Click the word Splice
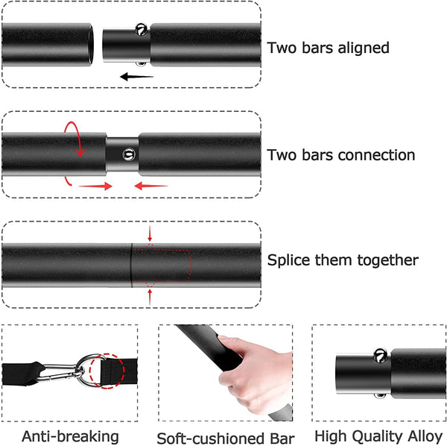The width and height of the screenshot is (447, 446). pyautogui.click(x=291, y=261)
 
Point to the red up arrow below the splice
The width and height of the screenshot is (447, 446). pyautogui.click(x=150, y=295)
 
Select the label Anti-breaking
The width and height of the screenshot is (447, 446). pyautogui.click(x=70, y=436)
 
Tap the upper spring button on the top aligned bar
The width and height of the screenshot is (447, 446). pyautogui.click(x=139, y=31)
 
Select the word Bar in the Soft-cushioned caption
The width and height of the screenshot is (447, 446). pyautogui.click(x=281, y=438)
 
